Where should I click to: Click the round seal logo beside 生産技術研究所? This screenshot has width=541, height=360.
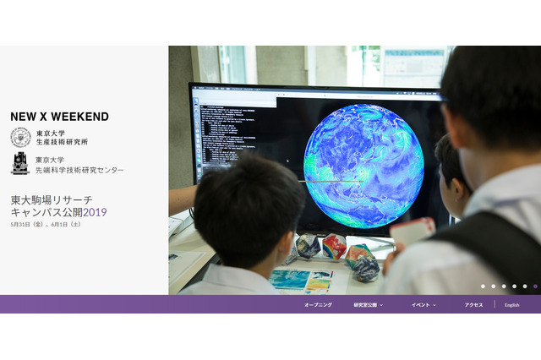(20, 137)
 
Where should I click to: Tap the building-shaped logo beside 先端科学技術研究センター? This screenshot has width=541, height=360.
(20, 164)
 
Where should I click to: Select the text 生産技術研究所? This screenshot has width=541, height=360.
(62, 142)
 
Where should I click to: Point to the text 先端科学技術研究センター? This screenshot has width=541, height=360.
(79, 170)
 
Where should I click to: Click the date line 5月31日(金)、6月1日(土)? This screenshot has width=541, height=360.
(47, 225)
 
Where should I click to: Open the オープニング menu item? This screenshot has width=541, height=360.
(318, 304)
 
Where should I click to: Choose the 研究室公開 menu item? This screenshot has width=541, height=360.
(367, 304)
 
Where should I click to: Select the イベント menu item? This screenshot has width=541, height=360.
(422, 304)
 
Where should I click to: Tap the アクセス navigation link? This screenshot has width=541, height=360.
(473, 304)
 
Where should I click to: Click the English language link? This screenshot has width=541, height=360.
(512, 304)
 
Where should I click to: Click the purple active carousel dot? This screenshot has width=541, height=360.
(535, 286)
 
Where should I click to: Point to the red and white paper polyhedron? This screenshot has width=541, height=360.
(334, 247)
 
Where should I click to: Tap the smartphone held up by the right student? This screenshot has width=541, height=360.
(412, 232)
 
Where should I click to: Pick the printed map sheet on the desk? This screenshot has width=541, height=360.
(302, 280)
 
